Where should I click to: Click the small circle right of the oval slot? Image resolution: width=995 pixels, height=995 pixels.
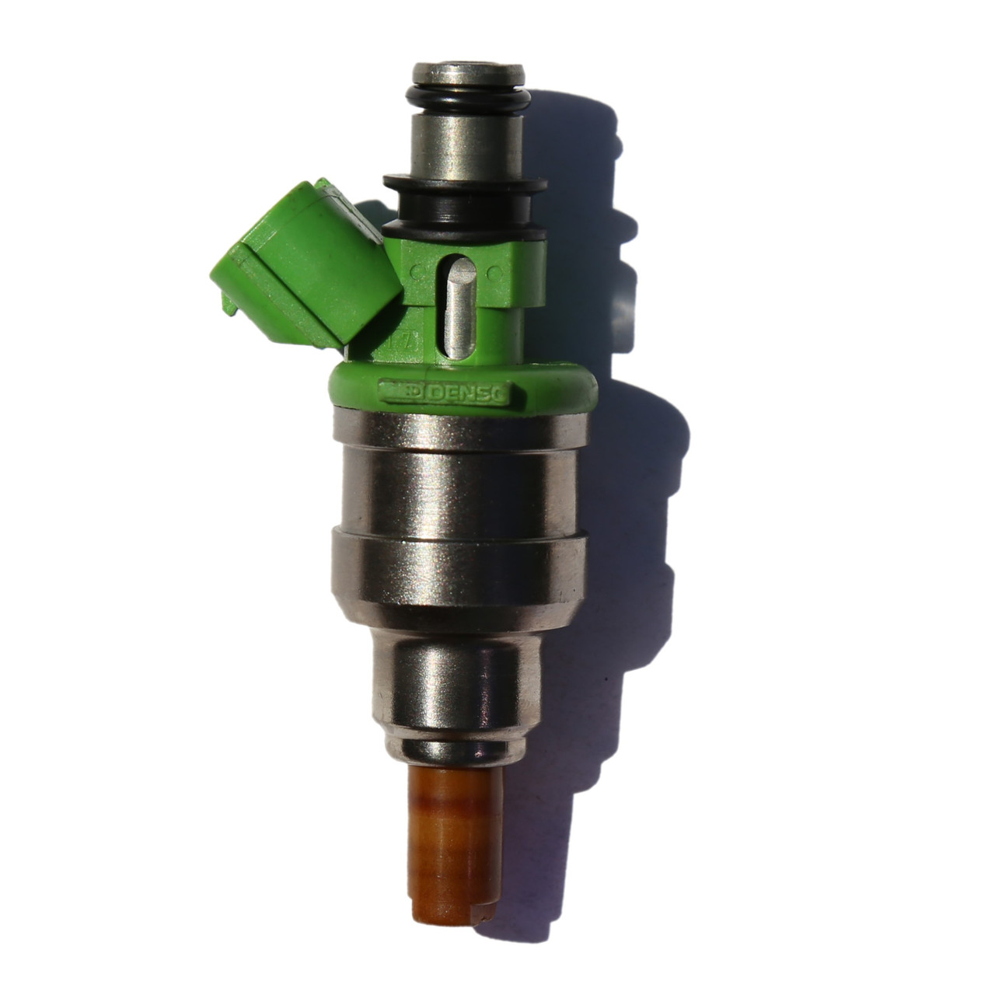(492, 273)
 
